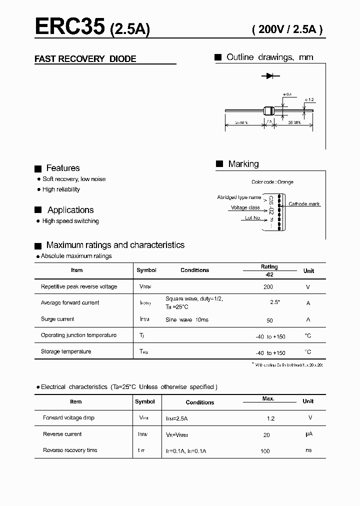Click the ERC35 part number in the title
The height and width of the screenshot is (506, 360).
click(69, 27)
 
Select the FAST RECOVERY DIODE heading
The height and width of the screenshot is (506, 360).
click(85, 59)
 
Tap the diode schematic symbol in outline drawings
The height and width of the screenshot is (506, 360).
click(270, 76)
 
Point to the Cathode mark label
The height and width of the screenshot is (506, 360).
click(304, 204)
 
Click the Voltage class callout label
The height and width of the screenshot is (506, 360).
click(245, 207)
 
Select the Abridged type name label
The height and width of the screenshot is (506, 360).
click(239, 197)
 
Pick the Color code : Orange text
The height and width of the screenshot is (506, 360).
click(272, 182)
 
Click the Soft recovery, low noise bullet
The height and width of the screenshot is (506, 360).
click(74, 179)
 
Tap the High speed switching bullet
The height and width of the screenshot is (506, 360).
click(70, 221)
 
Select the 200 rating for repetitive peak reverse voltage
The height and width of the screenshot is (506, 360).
click(268, 287)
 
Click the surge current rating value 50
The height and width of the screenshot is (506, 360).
click(269, 320)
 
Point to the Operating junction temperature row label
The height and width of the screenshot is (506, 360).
click(78, 335)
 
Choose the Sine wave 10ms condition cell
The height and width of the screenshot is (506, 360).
click(187, 319)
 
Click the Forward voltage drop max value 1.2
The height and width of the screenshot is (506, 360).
click(270, 418)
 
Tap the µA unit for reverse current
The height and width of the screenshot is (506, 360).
click(308, 434)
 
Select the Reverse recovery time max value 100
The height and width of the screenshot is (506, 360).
click(265, 451)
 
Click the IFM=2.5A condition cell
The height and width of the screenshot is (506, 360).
click(176, 418)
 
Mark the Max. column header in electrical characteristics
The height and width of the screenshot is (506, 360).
click(268, 398)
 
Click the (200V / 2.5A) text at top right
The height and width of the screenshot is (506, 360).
click(287, 29)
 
